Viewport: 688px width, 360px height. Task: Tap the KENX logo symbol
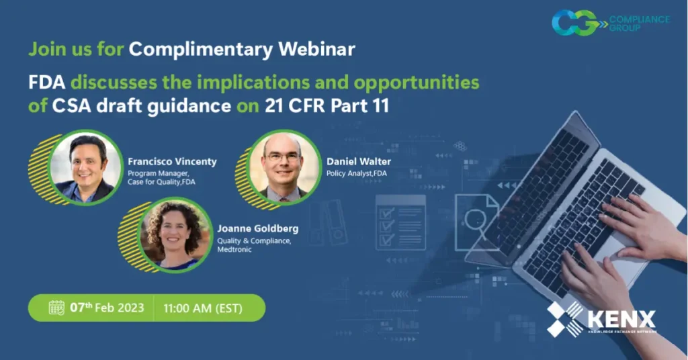(565, 318)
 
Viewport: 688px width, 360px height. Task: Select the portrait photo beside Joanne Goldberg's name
(174, 235)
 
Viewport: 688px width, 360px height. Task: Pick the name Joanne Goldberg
(257, 229)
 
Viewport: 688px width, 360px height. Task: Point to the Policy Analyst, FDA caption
(356, 174)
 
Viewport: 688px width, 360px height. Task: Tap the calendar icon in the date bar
(57, 308)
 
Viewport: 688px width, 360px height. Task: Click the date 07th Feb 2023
(107, 308)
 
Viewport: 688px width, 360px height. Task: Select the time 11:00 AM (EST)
(203, 308)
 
